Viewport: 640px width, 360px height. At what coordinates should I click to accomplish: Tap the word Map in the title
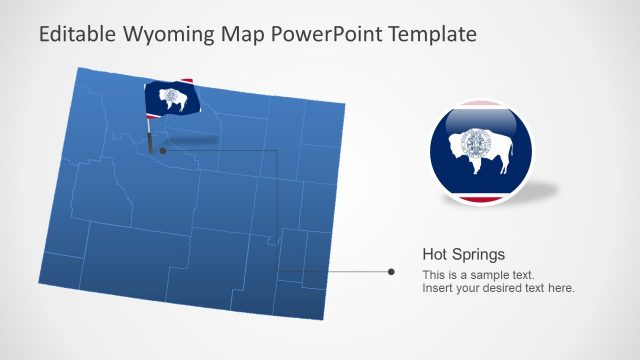[239, 34]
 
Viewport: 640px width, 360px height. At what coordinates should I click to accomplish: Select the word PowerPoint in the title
[324, 34]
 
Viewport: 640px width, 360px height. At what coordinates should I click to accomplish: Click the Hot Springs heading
[463, 254]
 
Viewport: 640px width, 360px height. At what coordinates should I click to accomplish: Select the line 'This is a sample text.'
[478, 274]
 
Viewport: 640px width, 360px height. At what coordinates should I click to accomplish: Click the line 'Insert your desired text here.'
[498, 288]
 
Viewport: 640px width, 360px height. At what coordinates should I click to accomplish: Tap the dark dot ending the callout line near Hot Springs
[391, 271]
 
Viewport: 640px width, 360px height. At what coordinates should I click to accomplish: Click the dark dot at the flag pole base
[162, 151]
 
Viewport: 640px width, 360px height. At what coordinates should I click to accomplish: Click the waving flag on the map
[171, 98]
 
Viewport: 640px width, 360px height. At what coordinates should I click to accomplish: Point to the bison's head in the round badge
[503, 149]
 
